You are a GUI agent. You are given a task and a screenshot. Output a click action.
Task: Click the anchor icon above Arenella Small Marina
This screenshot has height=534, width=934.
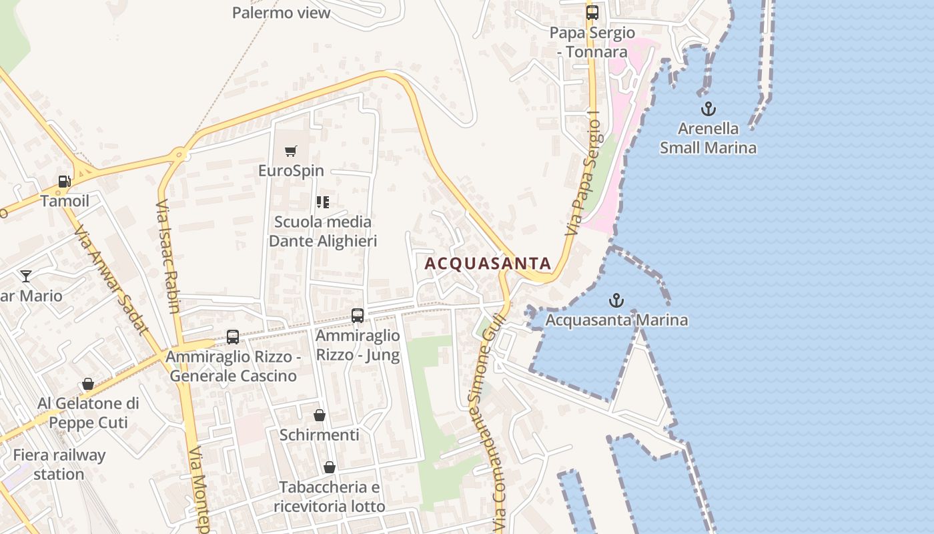(708, 108)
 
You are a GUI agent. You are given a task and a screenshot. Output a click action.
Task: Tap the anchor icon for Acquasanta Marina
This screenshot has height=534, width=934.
(616, 300)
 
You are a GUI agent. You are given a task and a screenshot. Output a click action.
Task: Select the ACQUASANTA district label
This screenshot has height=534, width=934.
(488, 264)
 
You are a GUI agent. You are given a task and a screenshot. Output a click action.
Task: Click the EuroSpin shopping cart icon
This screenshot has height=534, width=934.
(291, 152)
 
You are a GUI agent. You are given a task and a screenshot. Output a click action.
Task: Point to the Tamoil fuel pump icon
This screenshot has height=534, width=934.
(64, 181)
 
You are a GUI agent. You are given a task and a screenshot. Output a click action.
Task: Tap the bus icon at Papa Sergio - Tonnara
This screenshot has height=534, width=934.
(592, 12)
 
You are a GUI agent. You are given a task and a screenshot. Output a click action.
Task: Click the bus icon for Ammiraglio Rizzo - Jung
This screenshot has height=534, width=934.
(358, 316)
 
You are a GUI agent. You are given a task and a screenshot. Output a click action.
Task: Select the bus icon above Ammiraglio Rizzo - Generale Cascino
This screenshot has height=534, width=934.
(232, 337)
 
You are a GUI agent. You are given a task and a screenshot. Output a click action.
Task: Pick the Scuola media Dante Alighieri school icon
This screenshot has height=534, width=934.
(323, 202)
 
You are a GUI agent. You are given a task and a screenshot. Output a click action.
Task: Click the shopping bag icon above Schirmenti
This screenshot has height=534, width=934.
(320, 415)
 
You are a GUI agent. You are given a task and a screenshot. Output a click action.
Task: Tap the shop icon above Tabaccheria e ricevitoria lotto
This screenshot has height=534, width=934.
(329, 467)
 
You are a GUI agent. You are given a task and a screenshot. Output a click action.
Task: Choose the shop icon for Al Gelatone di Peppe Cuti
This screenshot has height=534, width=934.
(87, 384)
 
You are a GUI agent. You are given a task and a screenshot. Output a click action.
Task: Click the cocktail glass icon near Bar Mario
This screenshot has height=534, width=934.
(26, 276)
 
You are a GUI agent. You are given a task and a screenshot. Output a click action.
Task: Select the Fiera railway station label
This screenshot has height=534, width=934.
(59, 465)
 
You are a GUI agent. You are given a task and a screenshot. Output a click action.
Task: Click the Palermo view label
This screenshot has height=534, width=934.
(281, 13)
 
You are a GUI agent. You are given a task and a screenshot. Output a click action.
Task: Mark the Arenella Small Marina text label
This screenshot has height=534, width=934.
(708, 138)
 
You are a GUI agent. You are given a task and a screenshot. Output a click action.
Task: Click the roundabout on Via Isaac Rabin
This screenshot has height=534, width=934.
(178, 154)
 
